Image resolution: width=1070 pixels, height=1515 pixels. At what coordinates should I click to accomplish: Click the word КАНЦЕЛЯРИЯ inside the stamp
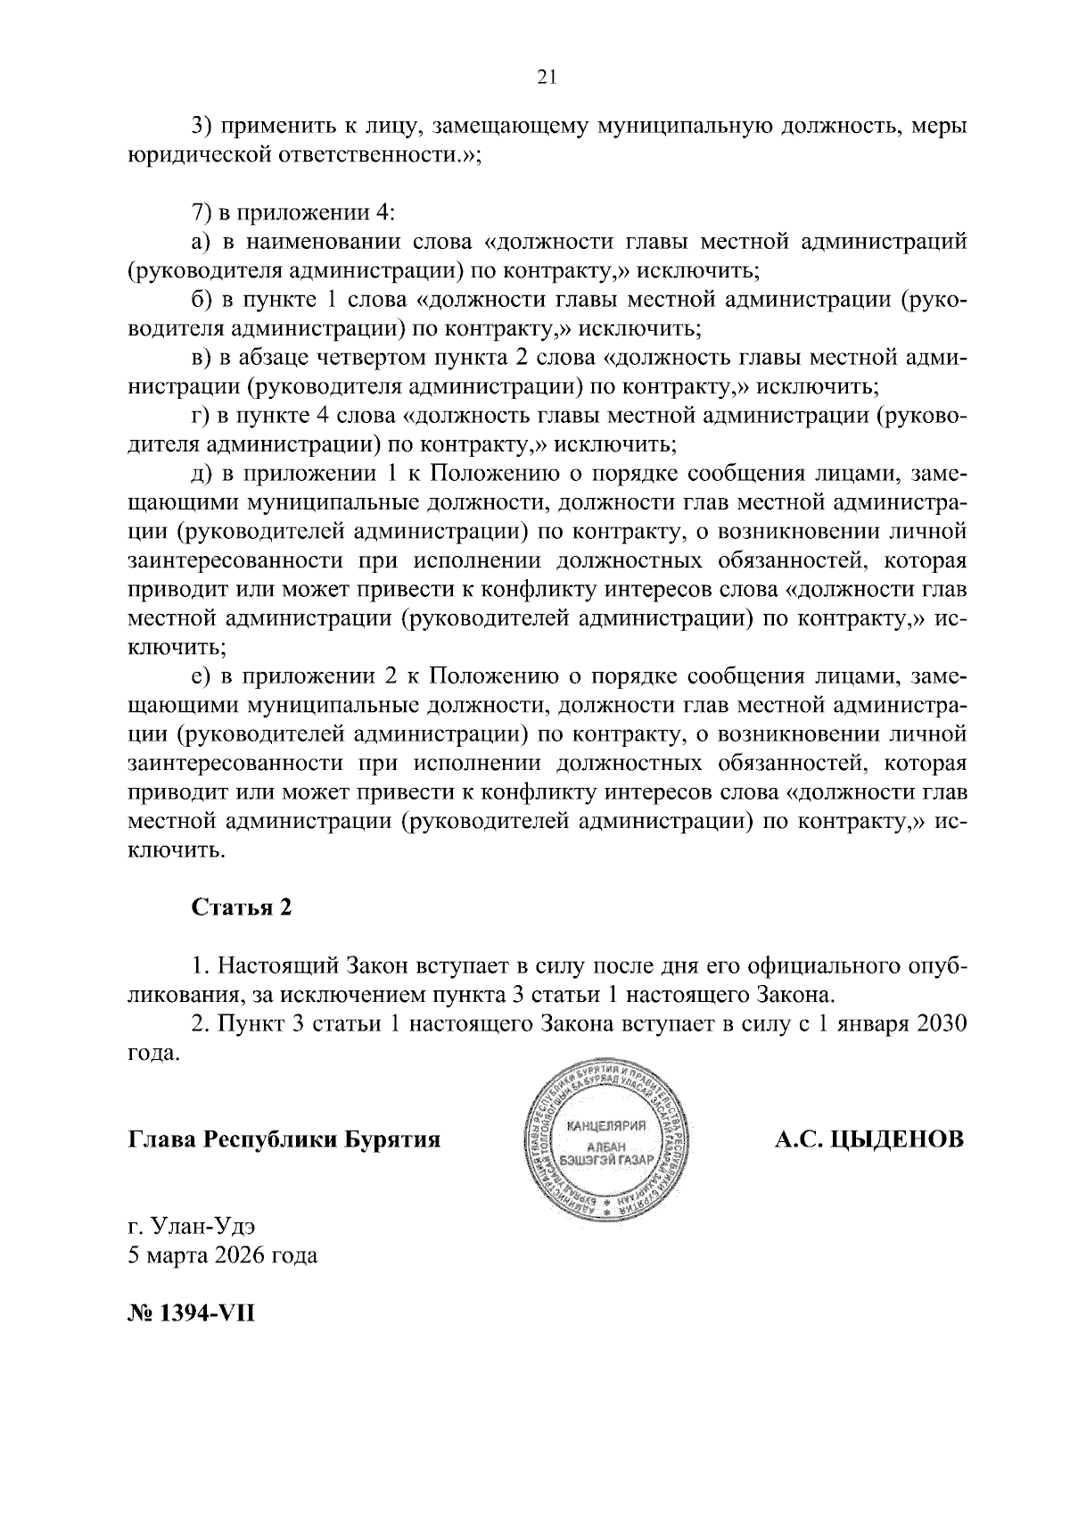(x=600, y=1125)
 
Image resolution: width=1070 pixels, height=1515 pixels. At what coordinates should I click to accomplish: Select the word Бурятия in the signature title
(x=394, y=1139)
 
